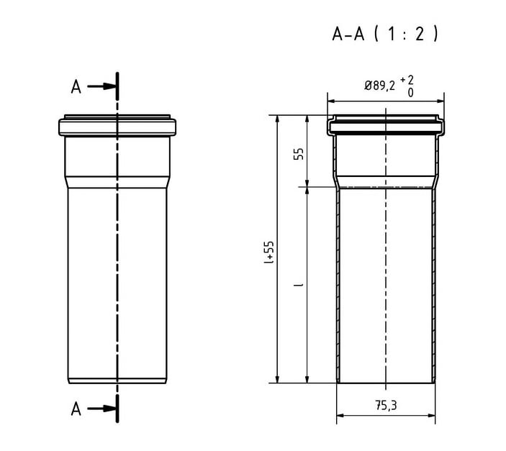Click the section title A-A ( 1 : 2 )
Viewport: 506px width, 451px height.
click(385, 34)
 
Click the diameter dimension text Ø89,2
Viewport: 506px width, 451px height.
click(379, 86)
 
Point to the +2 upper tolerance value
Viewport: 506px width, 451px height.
click(407, 80)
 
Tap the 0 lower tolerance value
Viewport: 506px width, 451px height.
click(410, 93)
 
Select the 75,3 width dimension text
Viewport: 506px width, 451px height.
click(386, 406)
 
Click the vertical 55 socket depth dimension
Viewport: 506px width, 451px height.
click(299, 153)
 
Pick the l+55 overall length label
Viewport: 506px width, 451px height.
click(268, 252)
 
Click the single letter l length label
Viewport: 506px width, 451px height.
click(299, 285)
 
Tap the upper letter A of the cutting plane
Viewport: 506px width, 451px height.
click(76, 87)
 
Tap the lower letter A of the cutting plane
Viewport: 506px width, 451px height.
click(76, 409)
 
